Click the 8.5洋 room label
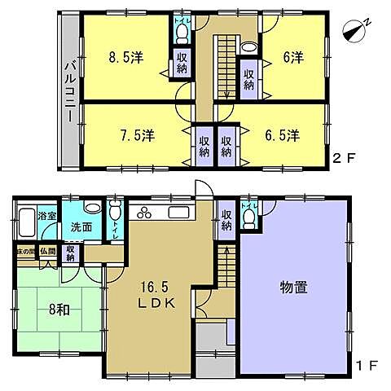point(127,59)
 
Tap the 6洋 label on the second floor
point(294,59)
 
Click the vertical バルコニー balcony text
point(70,91)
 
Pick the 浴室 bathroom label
point(47,216)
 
